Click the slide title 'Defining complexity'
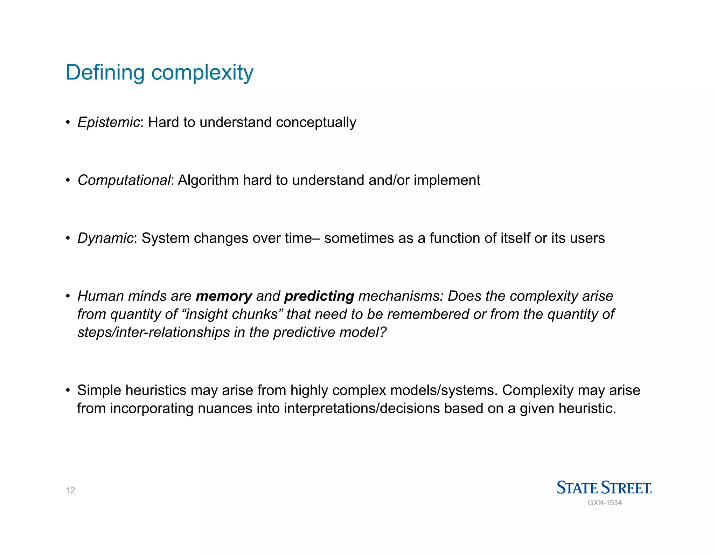(x=159, y=73)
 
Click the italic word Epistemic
(x=109, y=122)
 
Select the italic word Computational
(x=124, y=180)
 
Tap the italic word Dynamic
(x=105, y=238)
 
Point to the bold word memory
(x=224, y=296)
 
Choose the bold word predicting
(x=319, y=296)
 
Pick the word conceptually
(x=316, y=123)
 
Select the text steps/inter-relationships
(x=153, y=332)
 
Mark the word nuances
(x=225, y=408)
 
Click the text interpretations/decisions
(x=362, y=408)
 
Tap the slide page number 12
(x=70, y=490)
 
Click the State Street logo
(x=604, y=487)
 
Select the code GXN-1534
(x=605, y=503)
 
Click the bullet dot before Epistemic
(x=68, y=123)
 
